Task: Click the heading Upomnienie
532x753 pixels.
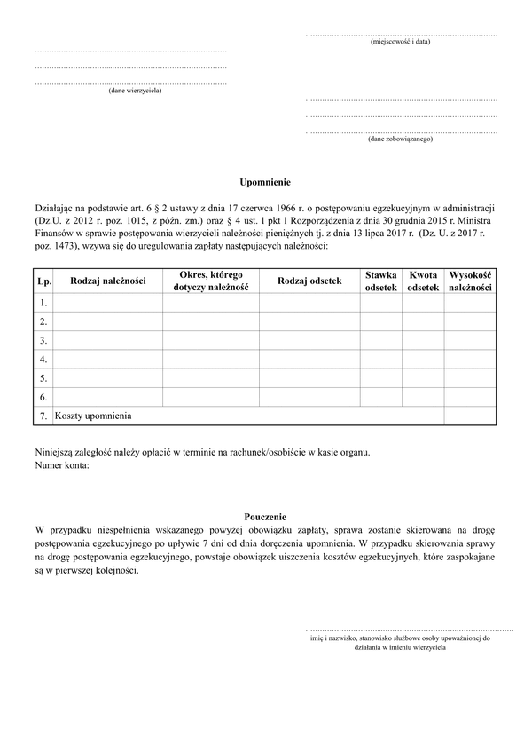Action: click(x=265, y=181)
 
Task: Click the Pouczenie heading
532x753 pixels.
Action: click(x=265, y=516)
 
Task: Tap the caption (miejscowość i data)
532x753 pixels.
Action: click(x=401, y=42)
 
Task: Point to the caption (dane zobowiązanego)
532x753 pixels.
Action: click(x=400, y=139)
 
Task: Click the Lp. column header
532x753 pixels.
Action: click(x=43, y=281)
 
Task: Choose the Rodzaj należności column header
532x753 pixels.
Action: click(x=108, y=281)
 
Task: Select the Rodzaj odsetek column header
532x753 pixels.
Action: click(x=309, y=281)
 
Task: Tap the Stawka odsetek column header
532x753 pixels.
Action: click(x=381, y=281)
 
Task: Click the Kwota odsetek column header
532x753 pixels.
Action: click(x=423, y=281)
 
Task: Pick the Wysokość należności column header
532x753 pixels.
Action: click(x=470, y=281)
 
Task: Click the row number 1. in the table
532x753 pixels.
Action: click(x=43, y=304)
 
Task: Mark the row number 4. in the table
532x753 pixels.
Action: click(x=43, y=360)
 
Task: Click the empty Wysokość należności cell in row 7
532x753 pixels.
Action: click(x=470, y=416)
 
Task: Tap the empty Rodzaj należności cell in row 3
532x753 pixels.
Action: click(x=108, y=341)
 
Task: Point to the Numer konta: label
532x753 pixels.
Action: click(x=62, y=465)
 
